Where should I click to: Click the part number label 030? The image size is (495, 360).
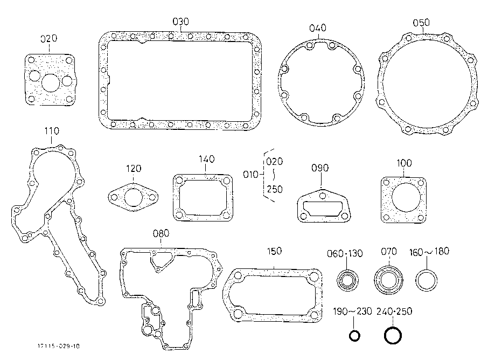[180, 22]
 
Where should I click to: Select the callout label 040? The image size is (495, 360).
[318, 28]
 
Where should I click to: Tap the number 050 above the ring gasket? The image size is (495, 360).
[421, 23]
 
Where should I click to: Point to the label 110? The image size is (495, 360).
[52, 131]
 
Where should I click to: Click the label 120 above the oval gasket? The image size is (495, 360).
[134, 168]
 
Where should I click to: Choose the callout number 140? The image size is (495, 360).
[206, 159]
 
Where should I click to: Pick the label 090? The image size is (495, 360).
[320, 168]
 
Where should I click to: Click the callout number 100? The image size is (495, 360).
[404, 163]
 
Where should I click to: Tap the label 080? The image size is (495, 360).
[161, 233]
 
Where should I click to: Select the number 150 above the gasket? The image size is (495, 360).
[274, 251]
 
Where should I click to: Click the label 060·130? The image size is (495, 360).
[345, 254]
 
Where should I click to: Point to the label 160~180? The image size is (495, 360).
[429, 252]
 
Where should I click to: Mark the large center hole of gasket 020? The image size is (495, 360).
[51, 83]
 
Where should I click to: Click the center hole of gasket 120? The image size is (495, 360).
[134, 197]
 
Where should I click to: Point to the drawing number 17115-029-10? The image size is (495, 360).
[59, 346]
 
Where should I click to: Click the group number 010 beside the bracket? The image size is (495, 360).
[250, 174]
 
